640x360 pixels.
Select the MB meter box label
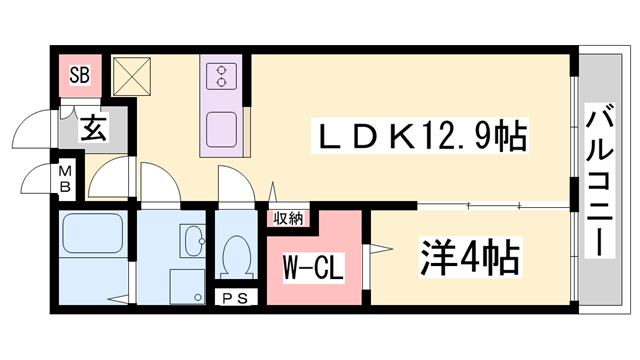click(65, 179)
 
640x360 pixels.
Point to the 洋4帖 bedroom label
click(469, 259)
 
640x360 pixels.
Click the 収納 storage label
click(289, 216)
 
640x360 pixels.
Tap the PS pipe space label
click(237, 298)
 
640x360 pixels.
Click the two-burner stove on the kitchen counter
click(220, 74)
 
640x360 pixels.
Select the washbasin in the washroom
click(191, 241)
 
